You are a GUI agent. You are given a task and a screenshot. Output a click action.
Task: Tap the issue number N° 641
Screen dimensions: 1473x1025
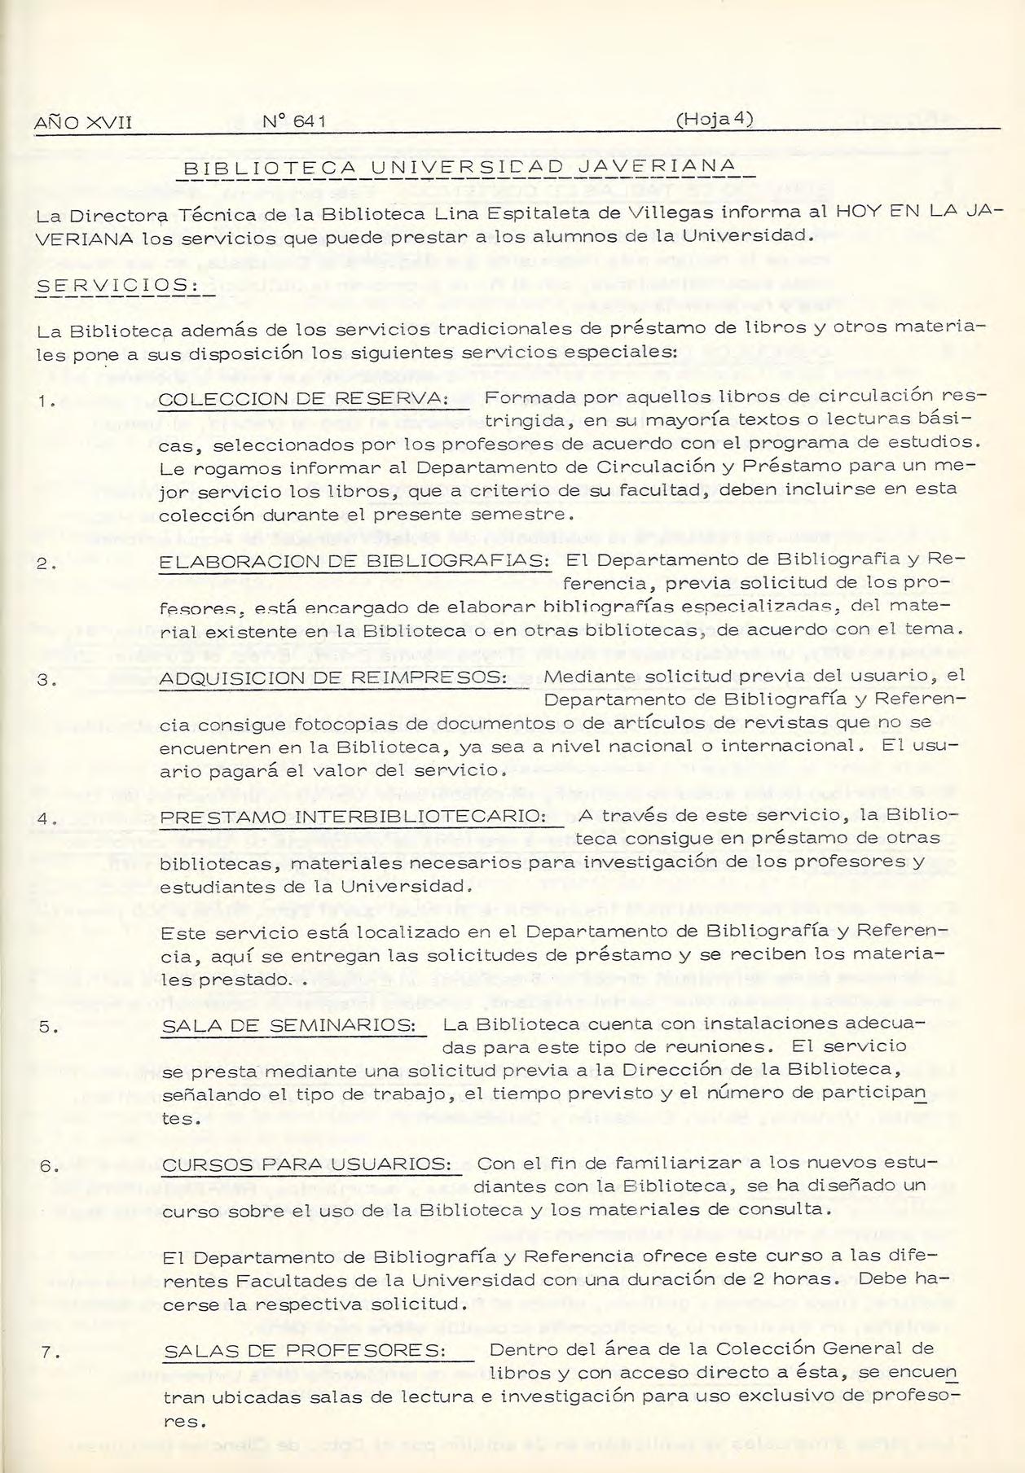(x=294, y=122)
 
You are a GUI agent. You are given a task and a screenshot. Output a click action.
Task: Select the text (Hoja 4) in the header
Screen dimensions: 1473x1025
(x=713, y=119)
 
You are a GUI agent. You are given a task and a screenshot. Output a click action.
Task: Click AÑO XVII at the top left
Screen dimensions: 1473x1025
(x=83, y=123)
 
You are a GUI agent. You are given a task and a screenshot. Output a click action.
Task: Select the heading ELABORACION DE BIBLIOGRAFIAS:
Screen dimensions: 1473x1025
(x=354, y=562)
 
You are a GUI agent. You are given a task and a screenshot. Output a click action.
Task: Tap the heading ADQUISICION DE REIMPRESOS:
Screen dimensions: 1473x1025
(x=333, y=678)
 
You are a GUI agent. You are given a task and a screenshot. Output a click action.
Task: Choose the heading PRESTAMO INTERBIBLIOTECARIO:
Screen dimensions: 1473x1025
(x=353, y=816)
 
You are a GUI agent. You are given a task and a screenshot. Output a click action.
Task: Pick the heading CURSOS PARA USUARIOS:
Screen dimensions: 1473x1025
(x=306, y=1164)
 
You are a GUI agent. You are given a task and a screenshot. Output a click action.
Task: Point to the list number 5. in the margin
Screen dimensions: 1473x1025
(x=47, y=1028)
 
